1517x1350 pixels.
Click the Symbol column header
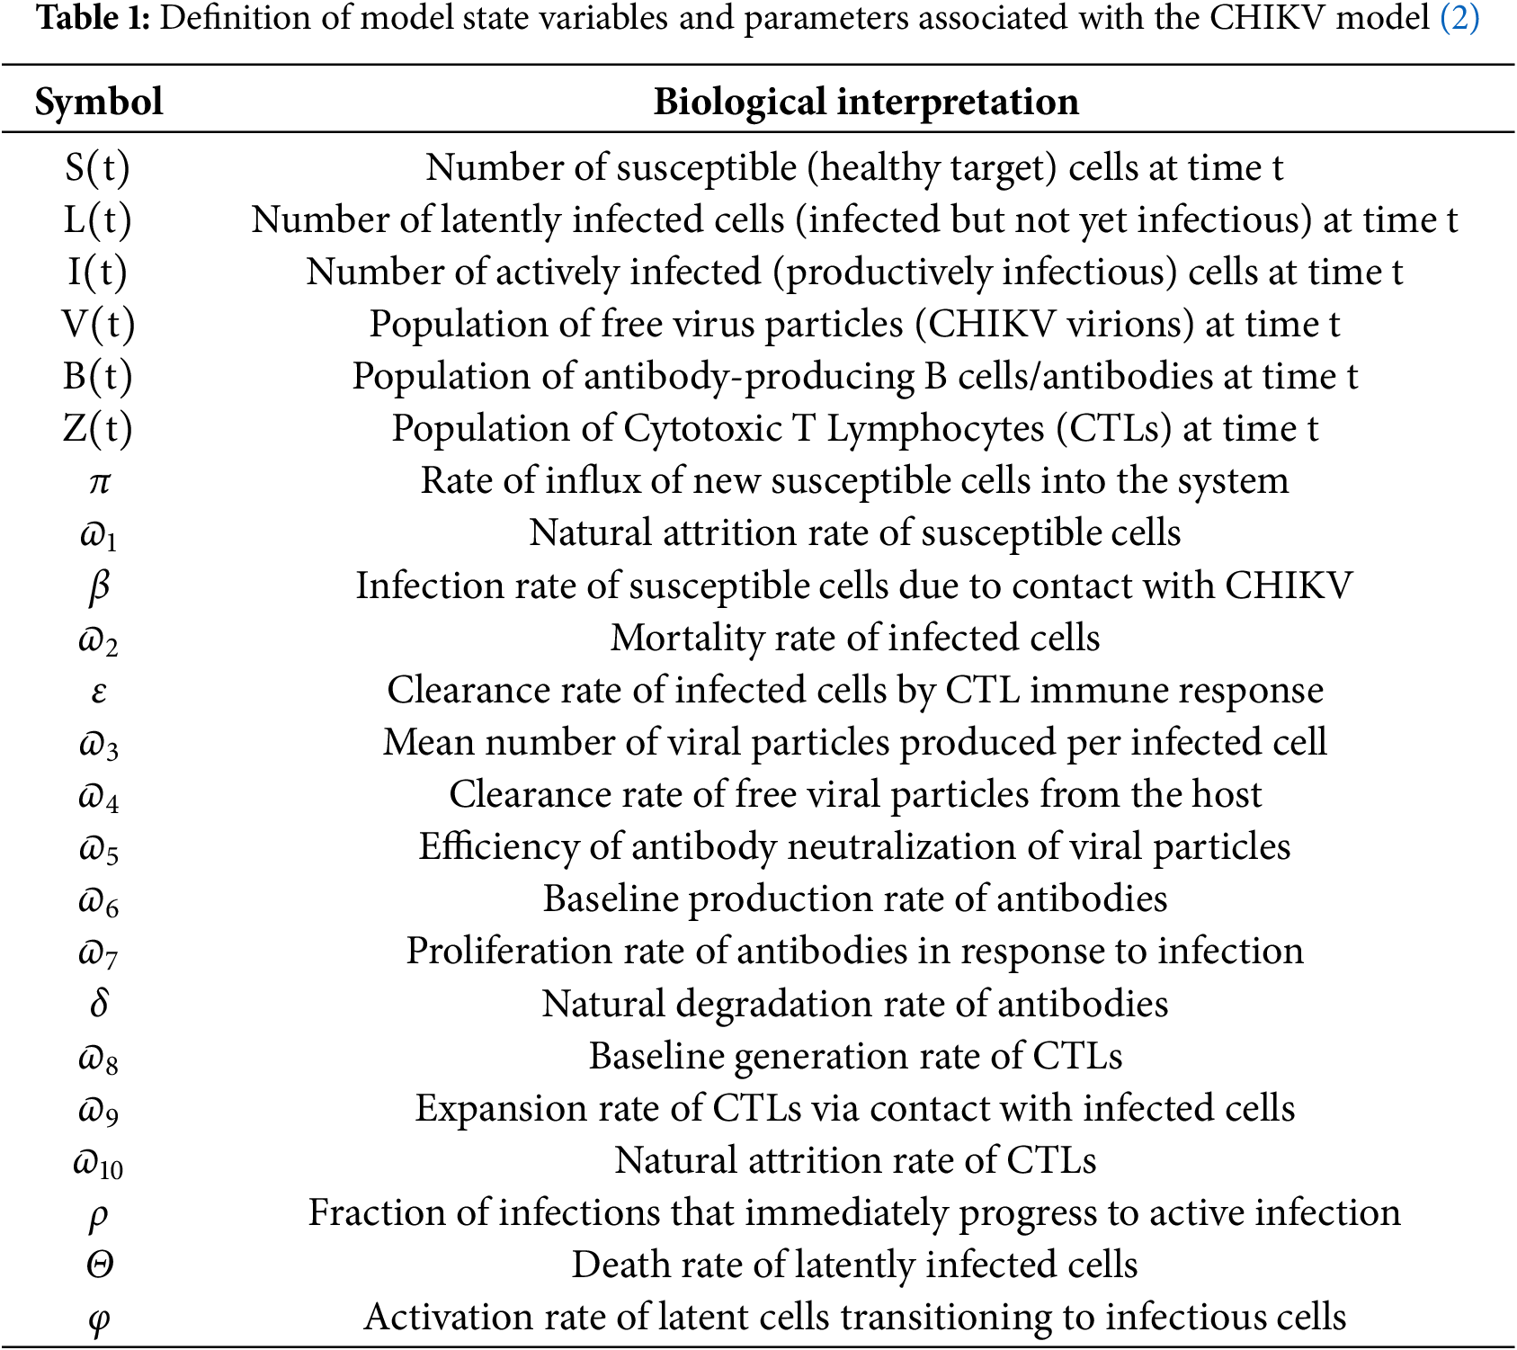[x=99, y=102]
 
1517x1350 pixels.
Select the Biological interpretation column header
[x=865, y=102]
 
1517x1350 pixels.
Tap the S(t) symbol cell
[x=97, y=167]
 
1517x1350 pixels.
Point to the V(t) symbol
[x=98, y=324]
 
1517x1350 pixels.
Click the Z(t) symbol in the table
[x=97, y=428]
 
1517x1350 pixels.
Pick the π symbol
[x=99, y=482]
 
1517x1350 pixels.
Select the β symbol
[x=99, y=586]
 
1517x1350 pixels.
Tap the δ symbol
[x=99, y=1003]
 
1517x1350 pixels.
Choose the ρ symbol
[x=99, y=1214]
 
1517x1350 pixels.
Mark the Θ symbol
[x=99, y=1265]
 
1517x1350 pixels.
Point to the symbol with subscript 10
[x=98, y=1163]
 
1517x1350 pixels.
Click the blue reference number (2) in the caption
[x=1459, y=18]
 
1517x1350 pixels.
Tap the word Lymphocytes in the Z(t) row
[x=935, y=429]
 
